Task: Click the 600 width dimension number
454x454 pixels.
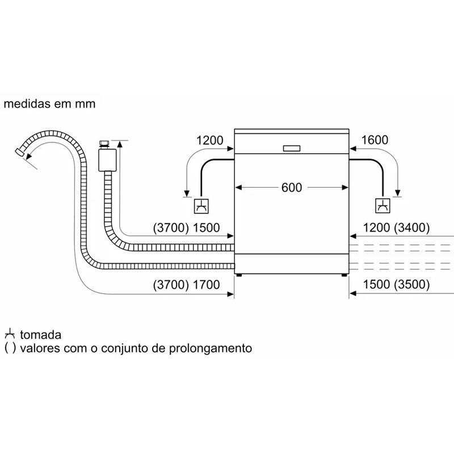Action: tap(291, 188)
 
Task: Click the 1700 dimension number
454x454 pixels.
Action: tap(205, 285)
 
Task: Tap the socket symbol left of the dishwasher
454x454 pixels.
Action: tap(201, 207)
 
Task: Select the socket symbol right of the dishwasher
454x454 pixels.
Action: tap(383, 207)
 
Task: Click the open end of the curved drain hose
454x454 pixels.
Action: tap(20, 152)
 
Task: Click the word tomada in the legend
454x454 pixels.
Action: tap(40, 335)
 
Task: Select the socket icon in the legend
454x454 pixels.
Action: tap(10, 334)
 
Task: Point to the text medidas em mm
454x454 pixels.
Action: tap(49, 104)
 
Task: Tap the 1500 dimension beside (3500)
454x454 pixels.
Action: tap(373, 285)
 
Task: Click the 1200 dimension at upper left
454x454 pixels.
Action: tap(210, 140)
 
